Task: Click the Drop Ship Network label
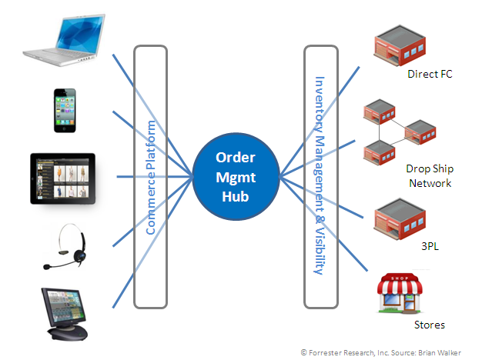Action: (x=428, y=175)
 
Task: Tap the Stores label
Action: (x=430, y=325)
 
